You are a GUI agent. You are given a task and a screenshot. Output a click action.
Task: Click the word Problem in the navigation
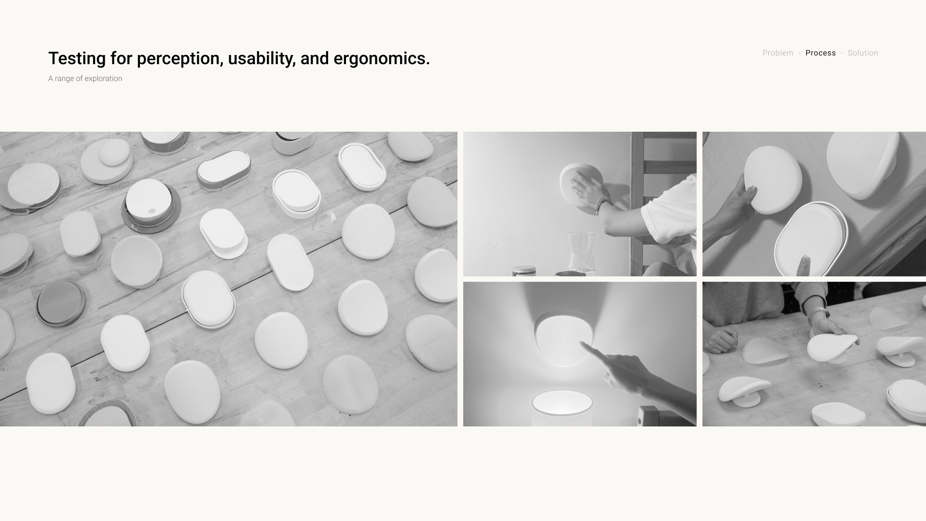778,53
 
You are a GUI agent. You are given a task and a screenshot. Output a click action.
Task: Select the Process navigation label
820,53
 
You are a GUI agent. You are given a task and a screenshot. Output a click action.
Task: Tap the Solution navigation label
863,53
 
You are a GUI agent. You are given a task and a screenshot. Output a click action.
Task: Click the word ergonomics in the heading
382,59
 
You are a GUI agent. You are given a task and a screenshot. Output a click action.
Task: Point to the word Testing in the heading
77,59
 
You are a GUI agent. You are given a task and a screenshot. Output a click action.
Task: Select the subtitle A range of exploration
85,79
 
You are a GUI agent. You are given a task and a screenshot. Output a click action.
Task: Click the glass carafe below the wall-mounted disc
580,254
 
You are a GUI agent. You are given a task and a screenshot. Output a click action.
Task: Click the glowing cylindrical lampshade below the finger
562,408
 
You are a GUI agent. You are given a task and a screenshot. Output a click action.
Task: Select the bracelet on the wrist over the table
819,314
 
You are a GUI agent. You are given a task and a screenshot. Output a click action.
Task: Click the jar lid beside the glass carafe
524,271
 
